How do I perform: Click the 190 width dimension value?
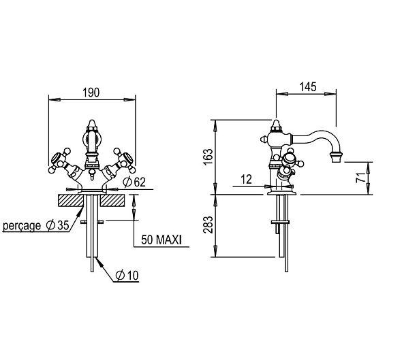point(91,93)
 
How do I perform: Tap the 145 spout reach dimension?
point(308,87)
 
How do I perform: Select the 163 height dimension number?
point(208,157)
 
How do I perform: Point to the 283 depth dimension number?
point(208,225)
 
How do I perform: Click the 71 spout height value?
point(361,177)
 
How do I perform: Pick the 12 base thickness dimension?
point(247,179)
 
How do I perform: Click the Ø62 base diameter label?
point(134,182)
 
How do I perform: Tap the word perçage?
point(22,226)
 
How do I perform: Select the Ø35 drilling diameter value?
point(58,225)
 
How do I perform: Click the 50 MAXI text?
point(161,240)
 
